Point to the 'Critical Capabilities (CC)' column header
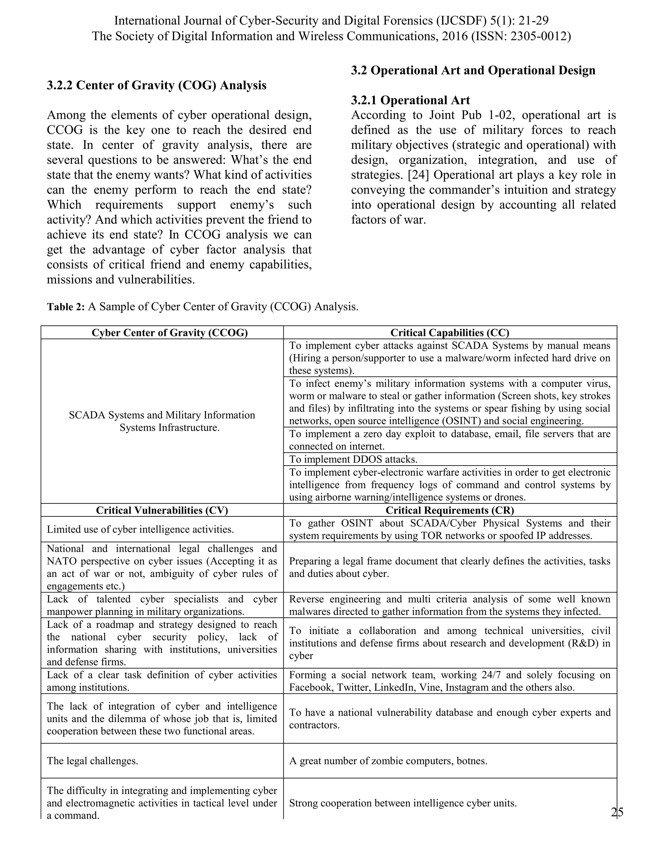tap(450, 333)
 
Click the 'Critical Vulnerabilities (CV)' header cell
tap(162, 510)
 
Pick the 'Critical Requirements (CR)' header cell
tap(450, 510)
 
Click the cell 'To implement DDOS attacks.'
tap(353, 459)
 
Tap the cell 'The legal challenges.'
tap(92, 761)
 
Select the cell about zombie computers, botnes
tap(388, 761)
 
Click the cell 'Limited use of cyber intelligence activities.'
tap(140, 529)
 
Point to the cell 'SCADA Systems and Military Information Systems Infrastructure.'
tap(162, 421)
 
